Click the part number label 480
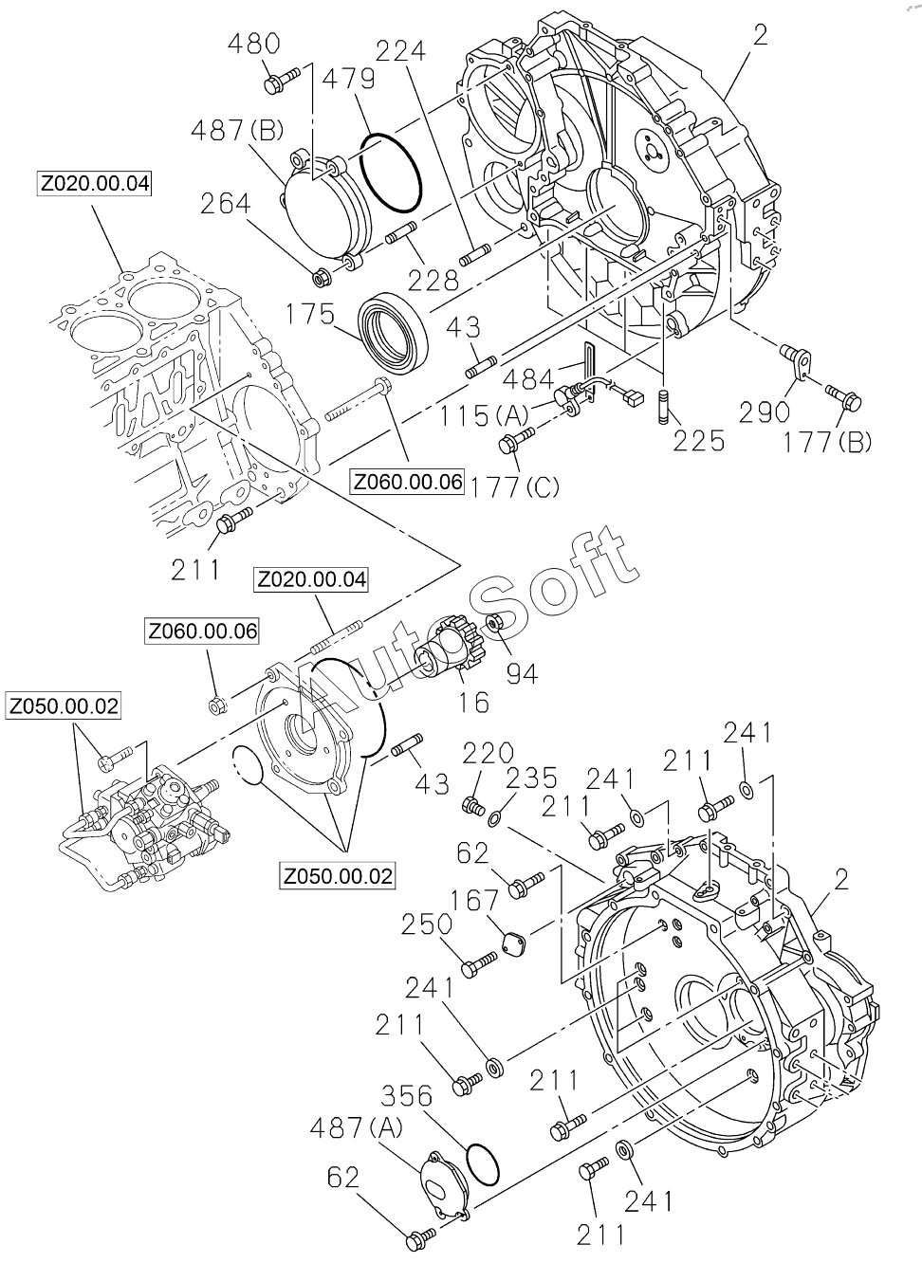click(254, 44)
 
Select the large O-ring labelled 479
click(391, 174)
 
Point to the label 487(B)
click(237, 132)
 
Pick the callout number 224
click(401, 52)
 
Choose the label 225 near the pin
click(699, 441)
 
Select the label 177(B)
click(826, 443)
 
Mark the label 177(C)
click(514, 486)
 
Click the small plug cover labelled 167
click(514, 945)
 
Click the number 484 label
click(529, 379)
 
